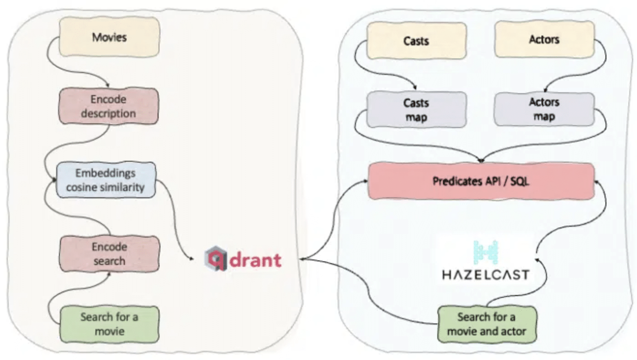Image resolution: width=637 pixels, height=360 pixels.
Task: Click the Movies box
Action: pos(109,37)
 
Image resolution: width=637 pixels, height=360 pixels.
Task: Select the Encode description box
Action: pos(109,106)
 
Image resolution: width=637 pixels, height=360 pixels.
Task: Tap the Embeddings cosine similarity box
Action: pos(106,180)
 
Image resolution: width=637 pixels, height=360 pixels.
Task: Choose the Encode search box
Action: pos(110,254)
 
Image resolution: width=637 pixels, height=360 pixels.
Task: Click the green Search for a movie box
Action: pos(110,324)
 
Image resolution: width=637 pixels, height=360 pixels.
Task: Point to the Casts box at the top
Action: pos(416,41)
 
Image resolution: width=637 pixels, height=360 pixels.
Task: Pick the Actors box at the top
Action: pos(544,39)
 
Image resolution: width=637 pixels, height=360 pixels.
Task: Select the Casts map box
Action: pos(416,110)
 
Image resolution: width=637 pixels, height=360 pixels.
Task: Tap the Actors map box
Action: pos(544,109)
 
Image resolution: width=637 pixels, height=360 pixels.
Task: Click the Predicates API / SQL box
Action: pos(481,181)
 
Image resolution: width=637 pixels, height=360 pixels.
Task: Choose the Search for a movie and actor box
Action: pos(487,324)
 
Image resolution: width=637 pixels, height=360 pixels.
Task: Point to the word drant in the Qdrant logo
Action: pos(255,259)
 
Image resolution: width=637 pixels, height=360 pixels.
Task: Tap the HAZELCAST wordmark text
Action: pos(486,275)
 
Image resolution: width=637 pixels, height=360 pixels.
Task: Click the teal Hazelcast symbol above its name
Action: pos(486,252)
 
